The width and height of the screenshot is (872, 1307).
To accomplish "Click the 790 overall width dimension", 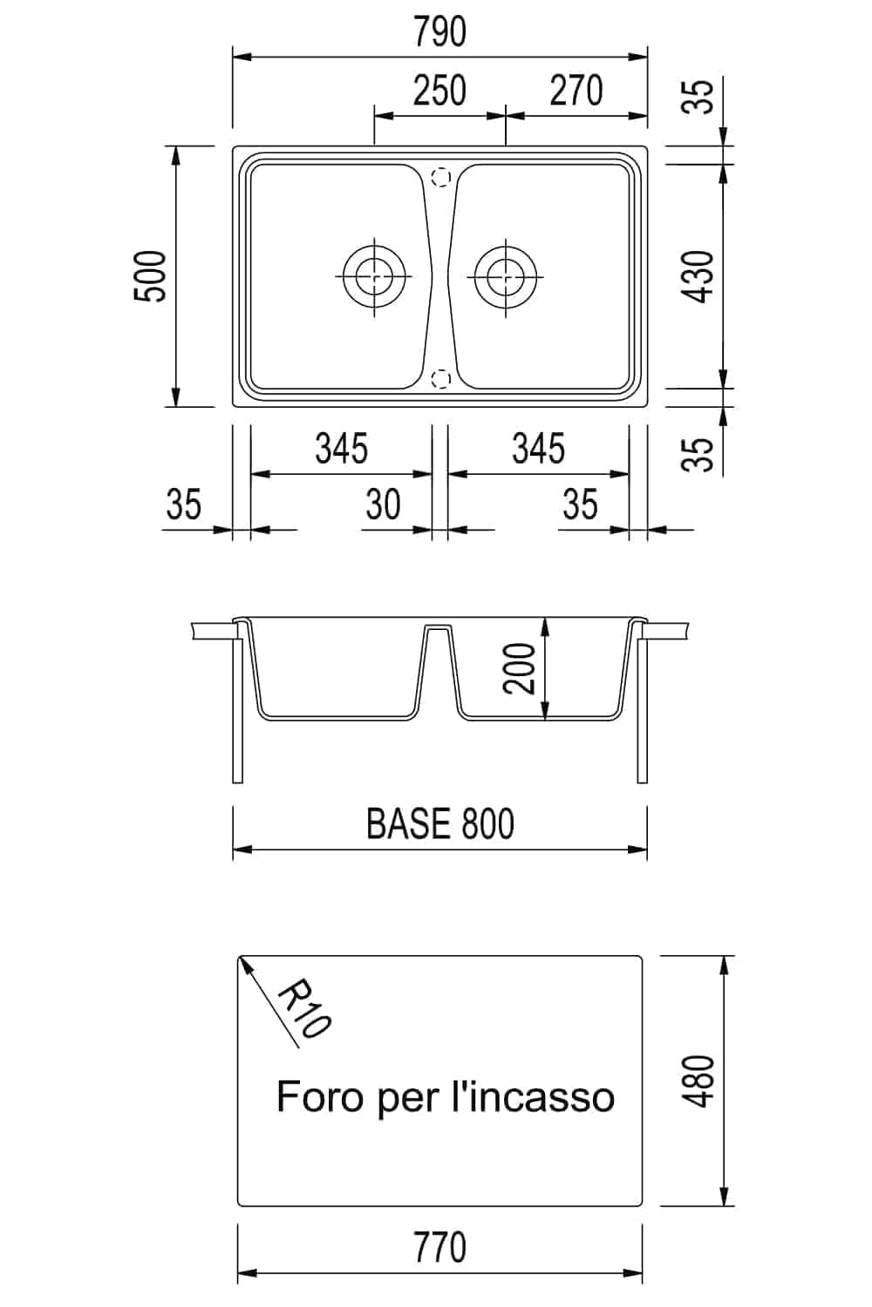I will (x=439, y=32).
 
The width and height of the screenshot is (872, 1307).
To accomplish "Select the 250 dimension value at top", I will (x=439, y=91).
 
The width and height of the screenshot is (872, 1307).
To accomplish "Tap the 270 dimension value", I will (x=576, y=91).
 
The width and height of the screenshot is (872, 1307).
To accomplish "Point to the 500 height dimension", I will (x=150, y=276).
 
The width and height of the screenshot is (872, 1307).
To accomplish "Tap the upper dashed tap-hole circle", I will (x=441, y=177).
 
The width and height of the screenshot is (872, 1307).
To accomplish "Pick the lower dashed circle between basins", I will (x=441, y=378).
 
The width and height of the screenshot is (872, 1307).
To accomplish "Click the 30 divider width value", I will (x=383, y=505).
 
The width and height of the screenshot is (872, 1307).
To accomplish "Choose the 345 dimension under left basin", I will (x=341, y=449).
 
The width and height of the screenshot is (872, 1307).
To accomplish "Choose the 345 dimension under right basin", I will (x=538, y=449).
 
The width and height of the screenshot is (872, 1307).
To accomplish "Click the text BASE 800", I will (x=439, y=823).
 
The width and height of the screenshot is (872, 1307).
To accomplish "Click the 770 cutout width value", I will (x=439, y=1248).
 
